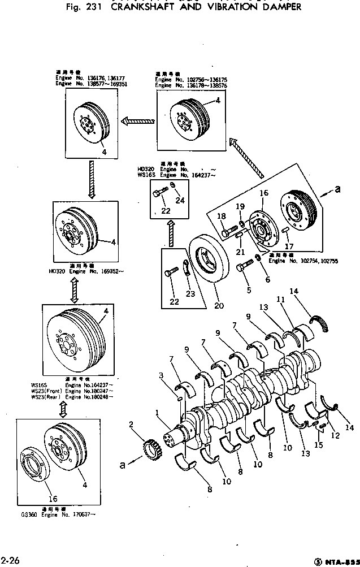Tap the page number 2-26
(x=11, y=560)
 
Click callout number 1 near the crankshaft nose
(x=159, y=414)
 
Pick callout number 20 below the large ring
(x=219, y=306)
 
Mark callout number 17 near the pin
(x=290, y=246)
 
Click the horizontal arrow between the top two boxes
(x=138, y=120)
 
